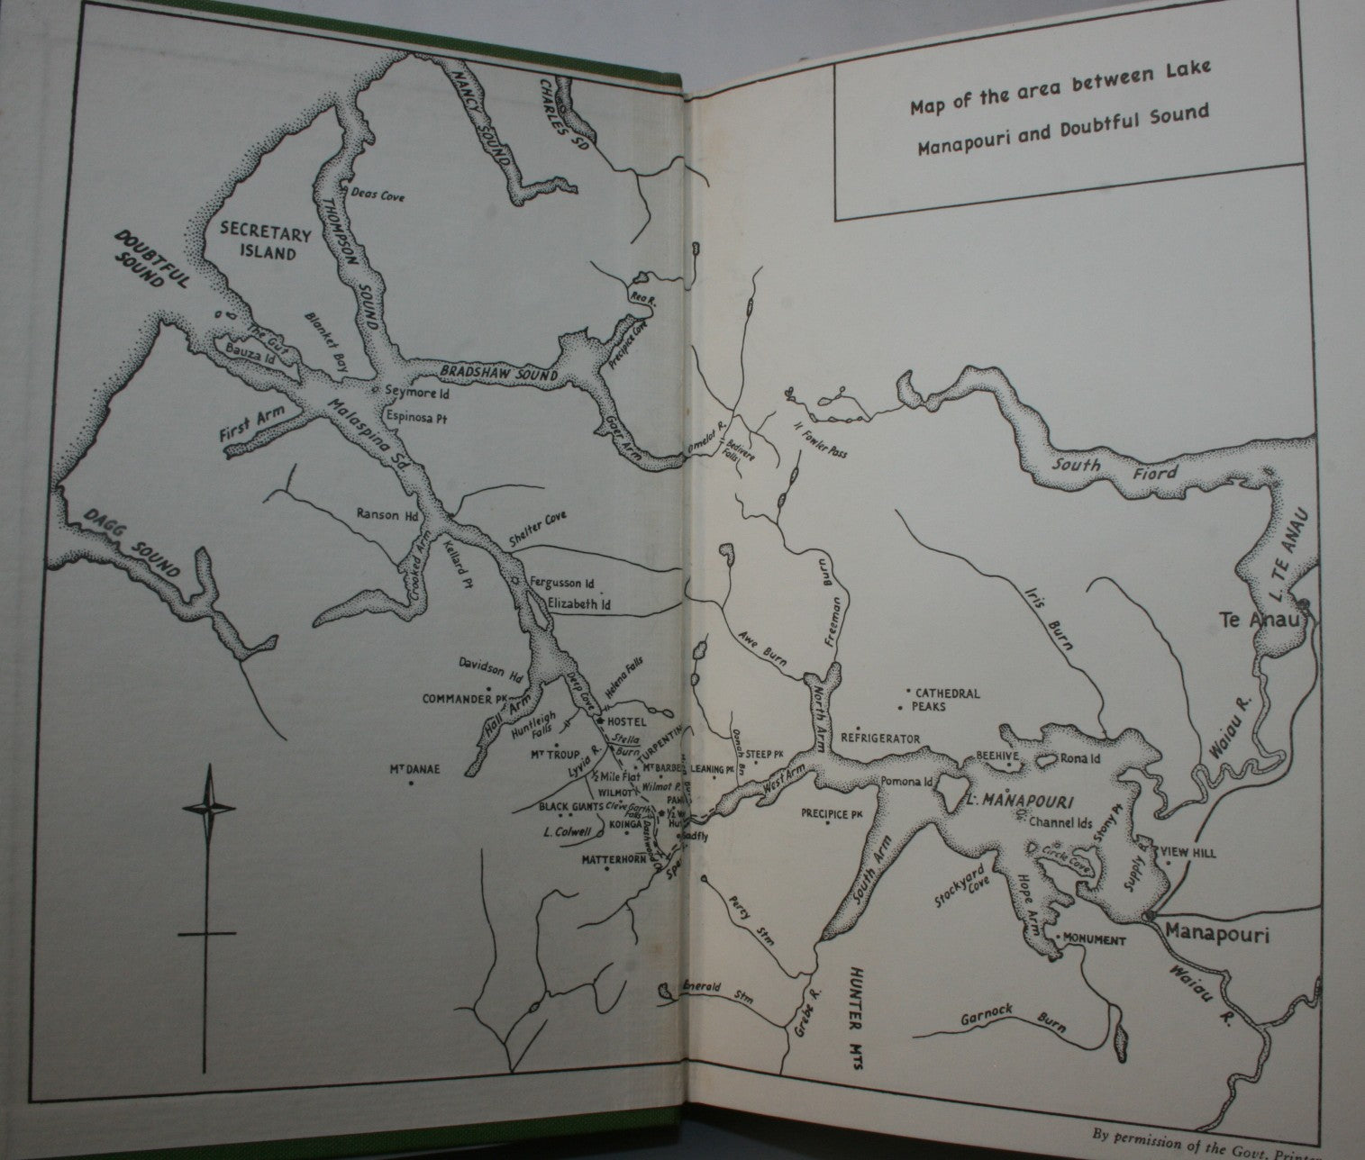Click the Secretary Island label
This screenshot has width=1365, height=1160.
pyautogui.click(x=267, y=244)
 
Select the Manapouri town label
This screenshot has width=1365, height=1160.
pyautogui.click(x=1216, y=936)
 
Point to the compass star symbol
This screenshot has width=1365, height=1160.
pyautogui.click(x=211, y=807)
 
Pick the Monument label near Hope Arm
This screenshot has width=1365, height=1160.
pyautogui.click(x=1094, y=940)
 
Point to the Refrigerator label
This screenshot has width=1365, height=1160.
pyautogui.click(x=879, y=739)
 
